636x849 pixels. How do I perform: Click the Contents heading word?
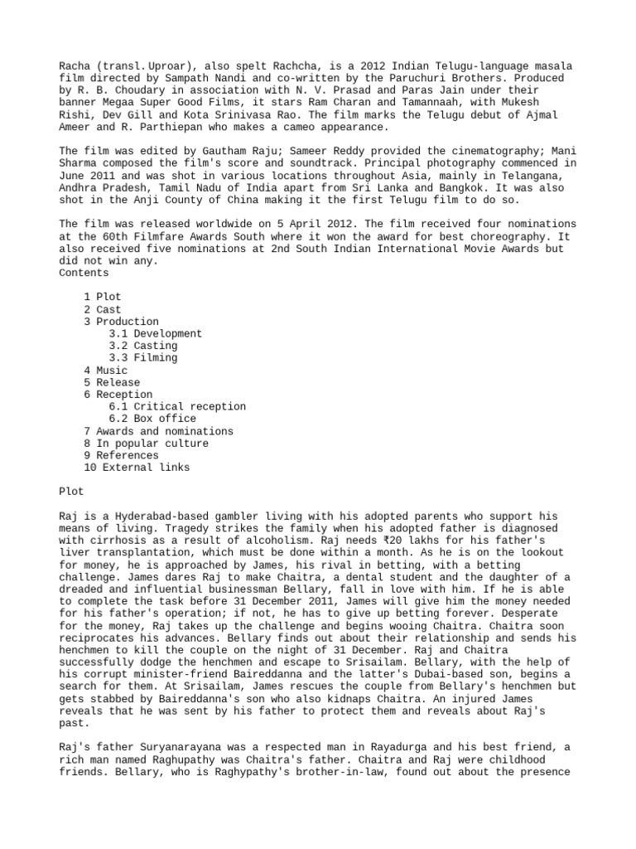84,273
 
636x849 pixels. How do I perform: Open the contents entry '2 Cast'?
102,309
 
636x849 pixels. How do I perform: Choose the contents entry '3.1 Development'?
155,333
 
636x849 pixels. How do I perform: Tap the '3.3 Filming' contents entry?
142,358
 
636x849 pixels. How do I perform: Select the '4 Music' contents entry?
105,371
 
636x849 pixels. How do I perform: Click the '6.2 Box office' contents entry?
152,419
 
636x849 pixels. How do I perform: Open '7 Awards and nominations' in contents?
157,431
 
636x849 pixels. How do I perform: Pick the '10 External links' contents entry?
136,468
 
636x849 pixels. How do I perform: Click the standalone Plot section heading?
72,492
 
